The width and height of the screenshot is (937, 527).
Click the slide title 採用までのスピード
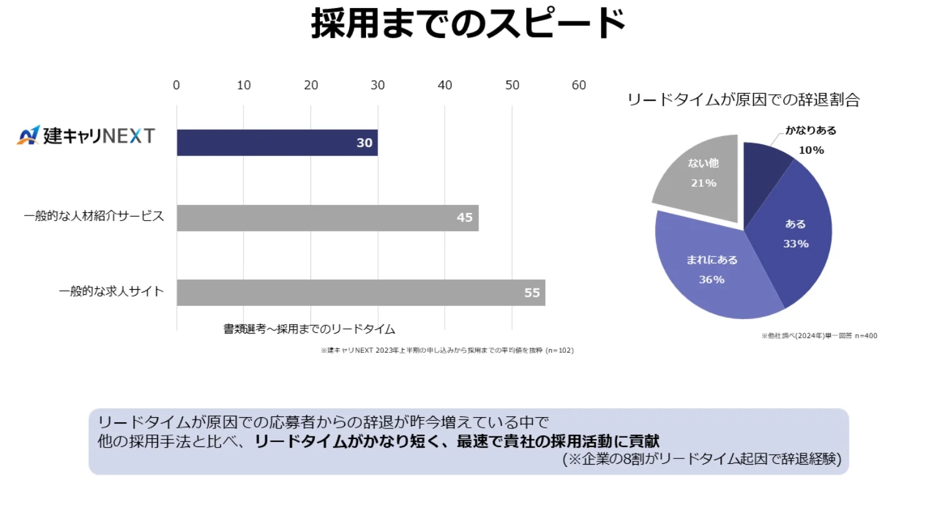(468, 24)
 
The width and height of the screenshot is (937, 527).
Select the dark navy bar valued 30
(277, 142)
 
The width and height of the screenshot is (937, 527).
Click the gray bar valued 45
(327, 218)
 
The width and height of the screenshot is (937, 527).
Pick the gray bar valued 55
(360, 292)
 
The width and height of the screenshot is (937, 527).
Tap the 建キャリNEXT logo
(86, 135)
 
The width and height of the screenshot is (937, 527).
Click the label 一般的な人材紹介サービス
(94, 216)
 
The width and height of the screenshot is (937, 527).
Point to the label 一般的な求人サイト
(111, 291)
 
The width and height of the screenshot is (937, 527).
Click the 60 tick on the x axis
(578, 85)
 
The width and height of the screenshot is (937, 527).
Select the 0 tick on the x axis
(176, 85)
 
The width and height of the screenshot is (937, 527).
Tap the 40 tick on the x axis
(445, 85)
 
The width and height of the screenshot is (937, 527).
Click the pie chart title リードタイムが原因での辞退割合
(743, 100)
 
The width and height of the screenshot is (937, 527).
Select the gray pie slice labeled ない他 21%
(703, 178)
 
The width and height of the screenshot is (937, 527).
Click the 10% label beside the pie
(811, 150)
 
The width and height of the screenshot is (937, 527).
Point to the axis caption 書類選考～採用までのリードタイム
(309, 329)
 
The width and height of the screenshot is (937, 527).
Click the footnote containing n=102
(447, 350)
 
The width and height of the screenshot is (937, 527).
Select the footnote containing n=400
(819, 336)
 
